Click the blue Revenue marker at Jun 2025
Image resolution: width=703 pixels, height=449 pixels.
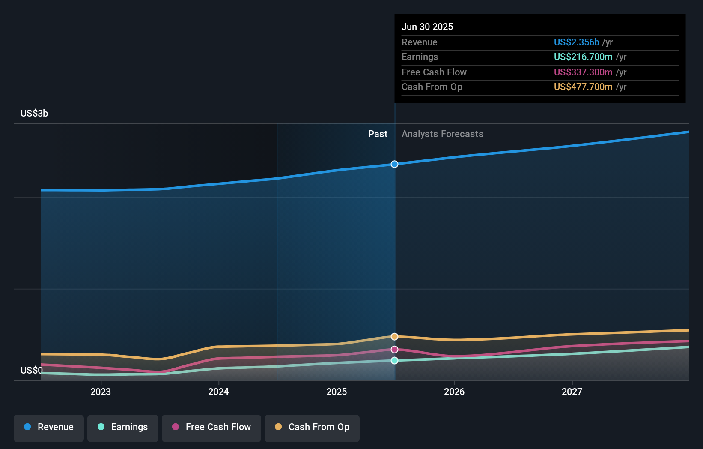coord(394,164)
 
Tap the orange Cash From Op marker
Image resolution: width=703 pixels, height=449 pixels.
coord(394,337)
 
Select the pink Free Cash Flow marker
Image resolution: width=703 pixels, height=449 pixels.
coord(394,350)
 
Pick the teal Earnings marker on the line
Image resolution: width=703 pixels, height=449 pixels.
coord(394,361)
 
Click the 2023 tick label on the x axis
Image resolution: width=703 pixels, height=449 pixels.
coord(101,392)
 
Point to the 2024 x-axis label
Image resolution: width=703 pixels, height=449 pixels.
coord(218,392)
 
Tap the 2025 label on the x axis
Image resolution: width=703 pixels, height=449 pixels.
coord(337,392)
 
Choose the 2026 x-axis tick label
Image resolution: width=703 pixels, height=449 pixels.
coord(454,392)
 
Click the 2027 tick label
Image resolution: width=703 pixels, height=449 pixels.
coord(572,392)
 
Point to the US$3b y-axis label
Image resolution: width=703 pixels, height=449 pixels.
coord(34,113)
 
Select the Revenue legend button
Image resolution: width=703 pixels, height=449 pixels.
coord(49,427)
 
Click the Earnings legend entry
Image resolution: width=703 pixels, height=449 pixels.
coord(123,427)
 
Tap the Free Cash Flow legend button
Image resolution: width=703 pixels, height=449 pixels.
coord(211,427)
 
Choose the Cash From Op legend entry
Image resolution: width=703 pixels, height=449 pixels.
coord(312,427)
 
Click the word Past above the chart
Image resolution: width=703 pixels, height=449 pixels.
coord(378,134)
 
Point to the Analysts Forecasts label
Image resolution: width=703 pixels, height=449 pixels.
coord(442,134)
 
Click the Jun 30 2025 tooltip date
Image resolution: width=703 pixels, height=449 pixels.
coord(427,27)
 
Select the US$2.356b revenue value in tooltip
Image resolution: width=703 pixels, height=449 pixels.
coord(576,42)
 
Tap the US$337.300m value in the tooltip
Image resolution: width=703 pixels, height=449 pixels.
coord(583,72)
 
